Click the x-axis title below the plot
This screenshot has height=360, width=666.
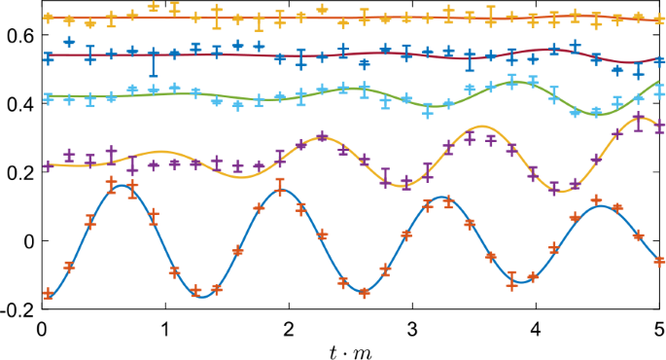(349, 349)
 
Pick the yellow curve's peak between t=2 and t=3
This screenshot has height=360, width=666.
(321, 137)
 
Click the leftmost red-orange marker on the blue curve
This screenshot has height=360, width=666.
(48, 292)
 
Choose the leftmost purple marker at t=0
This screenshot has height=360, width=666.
(48, 166)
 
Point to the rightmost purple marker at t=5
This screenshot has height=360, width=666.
(659, 126)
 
